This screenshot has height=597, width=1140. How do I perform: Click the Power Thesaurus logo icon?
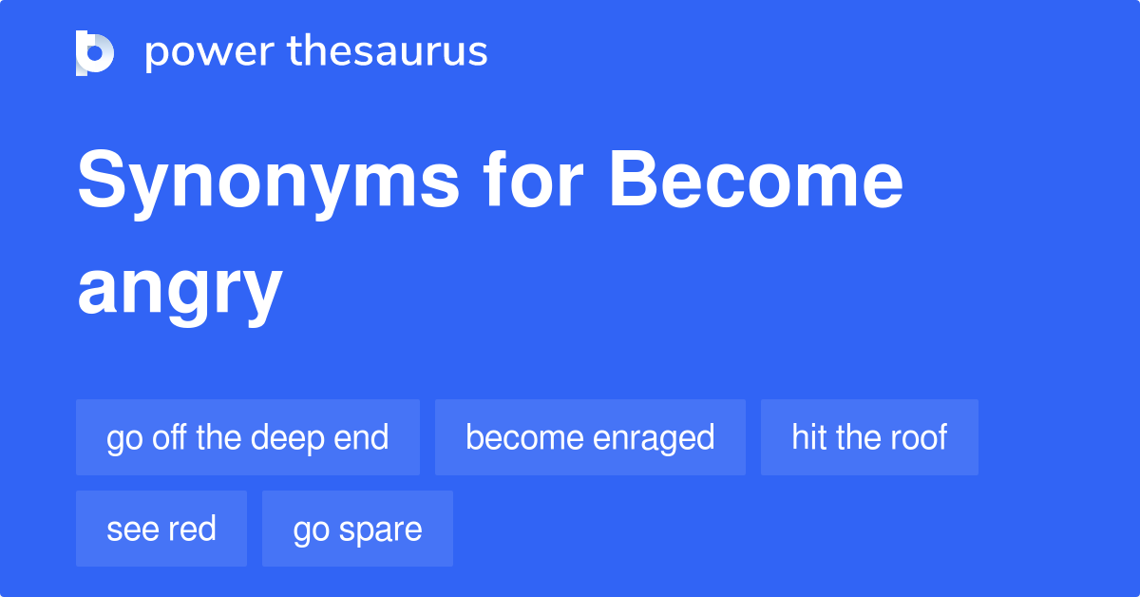pos(95,52)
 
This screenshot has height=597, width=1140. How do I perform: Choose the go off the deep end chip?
pos(247,437)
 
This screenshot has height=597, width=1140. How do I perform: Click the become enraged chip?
pos(590,437)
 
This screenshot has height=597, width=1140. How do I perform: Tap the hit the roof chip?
pos(869,437)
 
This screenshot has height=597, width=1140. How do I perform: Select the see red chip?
pos(161,529)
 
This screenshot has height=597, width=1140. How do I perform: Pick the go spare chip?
pos(357,529)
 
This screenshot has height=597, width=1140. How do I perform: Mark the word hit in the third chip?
pos(808,437)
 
